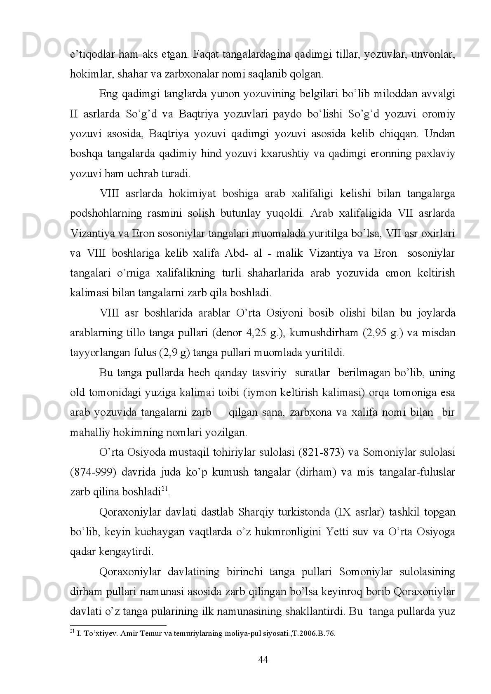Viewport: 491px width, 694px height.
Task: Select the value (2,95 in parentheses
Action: click(374, 333)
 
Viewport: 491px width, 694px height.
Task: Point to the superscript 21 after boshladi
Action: click(164, 489)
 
